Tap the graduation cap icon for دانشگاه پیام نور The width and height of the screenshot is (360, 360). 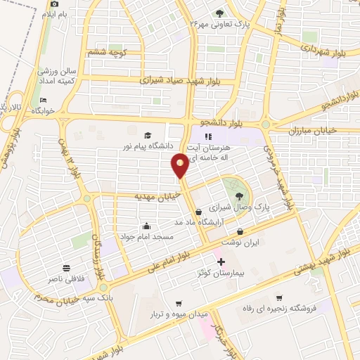point(148,136)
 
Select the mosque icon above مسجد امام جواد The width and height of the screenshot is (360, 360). point(146,226)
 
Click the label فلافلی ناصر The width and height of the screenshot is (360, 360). point(65,279)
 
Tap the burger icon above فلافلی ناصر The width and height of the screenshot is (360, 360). point(66,268)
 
